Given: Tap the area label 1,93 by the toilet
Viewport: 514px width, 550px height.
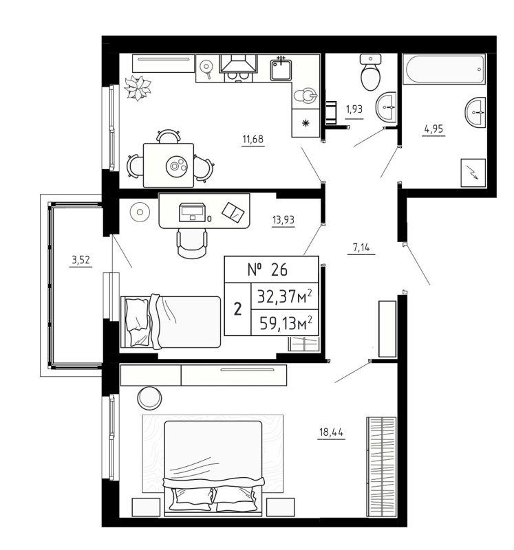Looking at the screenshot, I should tap(354, 109).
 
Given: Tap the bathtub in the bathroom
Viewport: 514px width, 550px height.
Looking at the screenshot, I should tap(443, 70).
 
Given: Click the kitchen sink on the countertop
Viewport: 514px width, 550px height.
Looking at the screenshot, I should tap(280, 69).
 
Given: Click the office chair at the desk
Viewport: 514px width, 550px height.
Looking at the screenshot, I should tap(192, 241).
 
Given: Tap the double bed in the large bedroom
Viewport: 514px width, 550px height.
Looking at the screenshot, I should tap(213, 467).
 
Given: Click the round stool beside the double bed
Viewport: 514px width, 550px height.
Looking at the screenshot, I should tap(149, 397).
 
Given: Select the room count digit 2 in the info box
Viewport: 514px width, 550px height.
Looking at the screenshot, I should tap(237, 309).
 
